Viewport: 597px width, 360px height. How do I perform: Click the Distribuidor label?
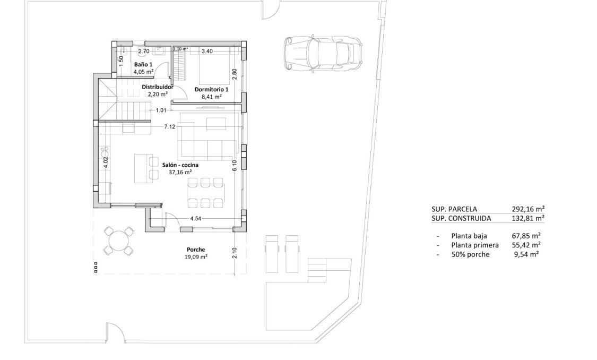click(158, 87)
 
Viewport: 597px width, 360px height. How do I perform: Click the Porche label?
click(196, 250)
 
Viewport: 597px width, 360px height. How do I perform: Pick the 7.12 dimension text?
click(170, 127)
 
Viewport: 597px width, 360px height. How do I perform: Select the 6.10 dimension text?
click(234, 165)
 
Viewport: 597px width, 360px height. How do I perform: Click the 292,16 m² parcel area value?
click(529, 209)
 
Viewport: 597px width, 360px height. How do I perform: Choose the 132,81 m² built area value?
click(529, 218)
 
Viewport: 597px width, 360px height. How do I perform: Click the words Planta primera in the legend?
click(475, 245)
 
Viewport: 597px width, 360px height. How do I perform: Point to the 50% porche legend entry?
click(470, 255)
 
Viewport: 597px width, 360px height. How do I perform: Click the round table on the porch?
click(118, 241)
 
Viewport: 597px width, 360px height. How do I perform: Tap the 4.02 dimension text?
click(106, 162)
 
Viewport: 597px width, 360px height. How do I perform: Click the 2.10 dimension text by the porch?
click(234, 253)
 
